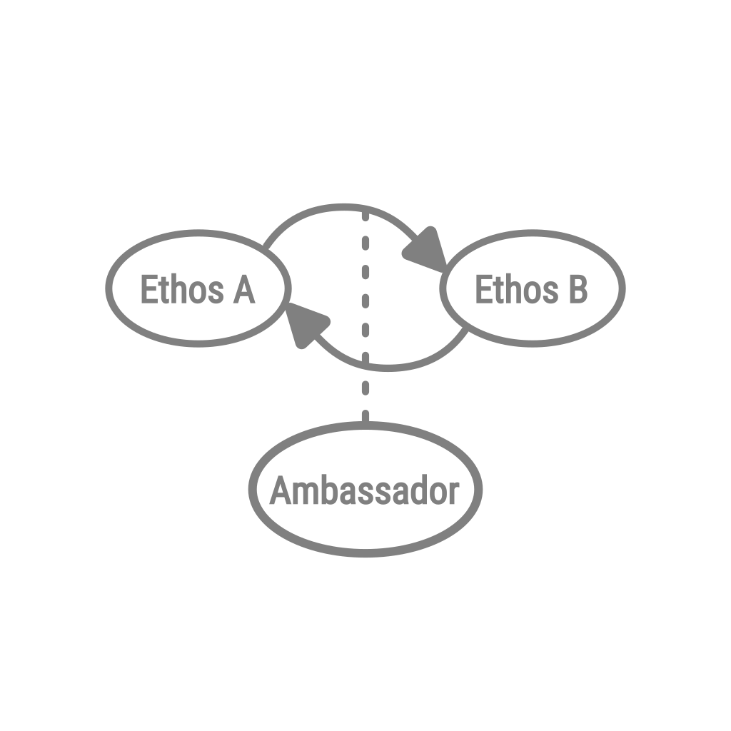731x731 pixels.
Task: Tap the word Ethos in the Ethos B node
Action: pyautogui.click(x=516, y=290)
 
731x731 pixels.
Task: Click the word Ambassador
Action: pyautogui.click(x=364, y=492)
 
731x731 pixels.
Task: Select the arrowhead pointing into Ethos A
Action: pyautogui.click(x=303, y=327)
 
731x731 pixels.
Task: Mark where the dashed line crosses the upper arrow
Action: pyautogui.click(x=365, y=208)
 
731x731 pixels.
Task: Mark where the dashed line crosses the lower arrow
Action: pyautogui.click(x=365, y=367)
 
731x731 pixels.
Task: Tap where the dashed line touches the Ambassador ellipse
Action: pyautogui.click(x=365, y=424)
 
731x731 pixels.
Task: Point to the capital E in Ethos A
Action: pyautogui.click(x=148, y=290)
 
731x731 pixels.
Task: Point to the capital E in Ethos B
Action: pyautogui.click(x=483, y=290)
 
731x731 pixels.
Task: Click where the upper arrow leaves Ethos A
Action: pyautogui.click(x=265, y=247)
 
